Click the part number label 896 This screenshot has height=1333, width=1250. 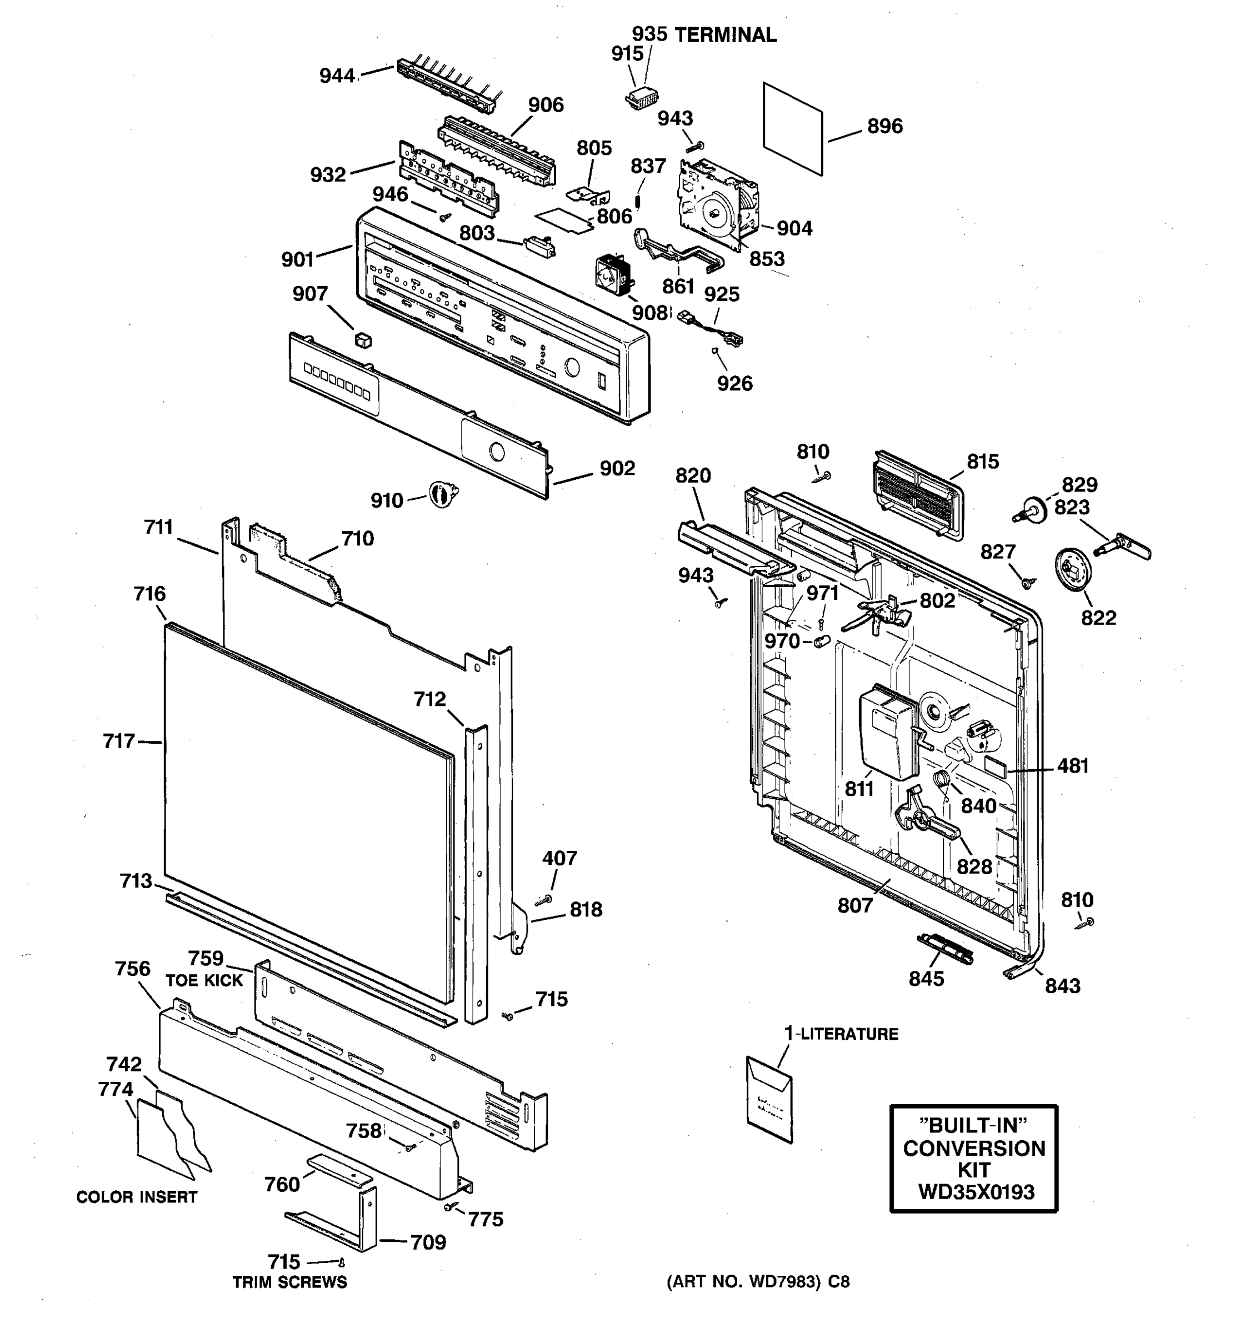[884, 126]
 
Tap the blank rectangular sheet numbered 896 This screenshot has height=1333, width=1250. [793, 129]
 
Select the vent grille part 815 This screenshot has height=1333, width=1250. [918, 494]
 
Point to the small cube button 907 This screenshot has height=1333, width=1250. [363, 339]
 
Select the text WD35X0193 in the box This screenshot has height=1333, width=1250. [976, 1191]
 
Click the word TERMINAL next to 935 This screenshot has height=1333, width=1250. [725, 36]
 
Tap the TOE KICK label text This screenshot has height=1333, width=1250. [204, 980]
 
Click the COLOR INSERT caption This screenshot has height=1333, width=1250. [137, 1197]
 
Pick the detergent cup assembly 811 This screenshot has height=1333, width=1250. [887, 735]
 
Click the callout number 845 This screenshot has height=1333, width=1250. [926, 979]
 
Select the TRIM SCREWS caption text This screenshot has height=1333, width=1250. [289, 1282]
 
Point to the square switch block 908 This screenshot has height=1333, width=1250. [613, 275]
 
